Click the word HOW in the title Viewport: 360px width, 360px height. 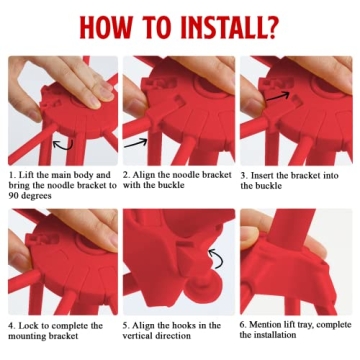(x=104, y=26)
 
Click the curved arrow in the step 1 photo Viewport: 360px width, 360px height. (x=63, y=144)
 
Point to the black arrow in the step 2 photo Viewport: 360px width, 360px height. (x=135, y=143)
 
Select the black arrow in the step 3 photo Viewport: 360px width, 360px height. (x=278, y=96)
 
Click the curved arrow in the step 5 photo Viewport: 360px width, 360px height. (x=216, y=258)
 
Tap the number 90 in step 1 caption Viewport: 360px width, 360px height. (x=14, y=196)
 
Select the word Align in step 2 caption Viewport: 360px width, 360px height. (x=142, y=176)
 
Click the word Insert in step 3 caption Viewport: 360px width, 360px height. (x=262, y=176)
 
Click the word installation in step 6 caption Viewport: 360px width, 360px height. (x=277, y=334)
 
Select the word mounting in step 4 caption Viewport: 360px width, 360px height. (x=25, y=336)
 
